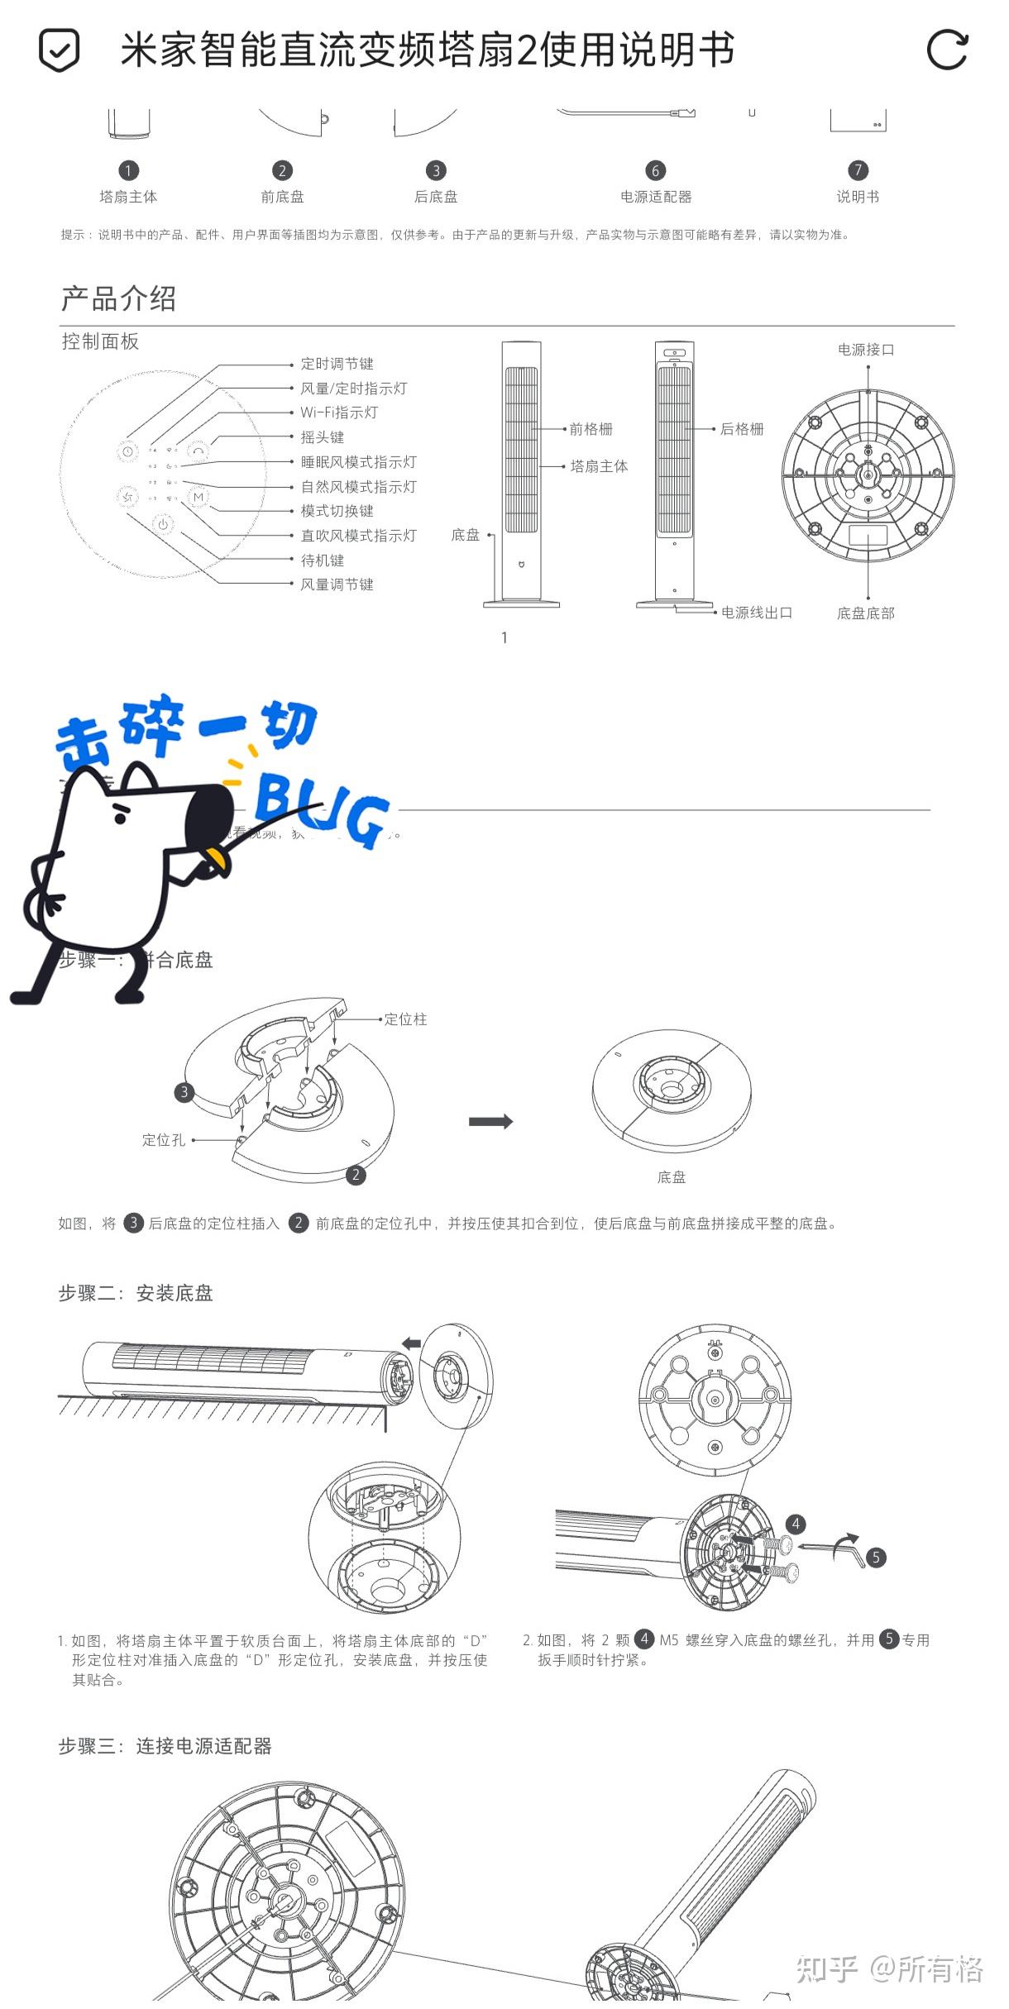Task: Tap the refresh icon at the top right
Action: click(946, 50)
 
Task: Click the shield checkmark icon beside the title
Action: click(59, 50)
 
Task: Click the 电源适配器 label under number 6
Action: click(656, 197)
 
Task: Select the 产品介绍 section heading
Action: click(118, 298)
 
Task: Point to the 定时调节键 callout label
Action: click(337, 364)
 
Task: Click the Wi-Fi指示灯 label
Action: click(339, 413)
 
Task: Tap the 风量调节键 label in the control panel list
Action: click(337, 585)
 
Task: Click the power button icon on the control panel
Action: click(163, 524)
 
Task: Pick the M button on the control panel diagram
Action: click(198, 497)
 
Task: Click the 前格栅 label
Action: click(591, 429)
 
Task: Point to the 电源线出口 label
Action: click(757, 613)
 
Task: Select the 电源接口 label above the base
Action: click(866, 350)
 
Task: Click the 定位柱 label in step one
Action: click(405, 1019)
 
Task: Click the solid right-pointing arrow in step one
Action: click(490, 1122)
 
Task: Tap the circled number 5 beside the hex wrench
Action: click(876, 1558)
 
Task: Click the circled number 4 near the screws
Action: click(796, 1524)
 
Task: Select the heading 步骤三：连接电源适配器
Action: click(165, 1746)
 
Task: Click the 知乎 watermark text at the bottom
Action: click(827, 1970)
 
